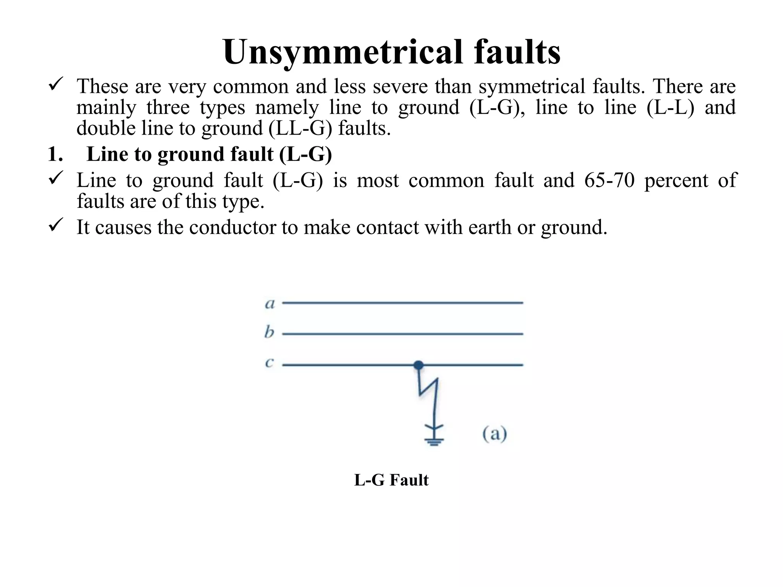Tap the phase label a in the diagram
[x=270, y=304]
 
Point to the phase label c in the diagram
[x=269, y=363]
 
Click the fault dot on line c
[x=418, y=365]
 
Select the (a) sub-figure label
[x=494, y=434]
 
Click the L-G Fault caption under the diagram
[x=391, y=480]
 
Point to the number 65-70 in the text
[x=609, y=180]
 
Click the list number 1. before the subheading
[x=55, y=154]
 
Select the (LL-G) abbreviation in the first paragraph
[x=300, y=128]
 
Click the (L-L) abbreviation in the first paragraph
[x=670, y=107]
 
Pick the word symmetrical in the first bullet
[x=532, y=86]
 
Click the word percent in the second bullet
[x=676, y=180]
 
